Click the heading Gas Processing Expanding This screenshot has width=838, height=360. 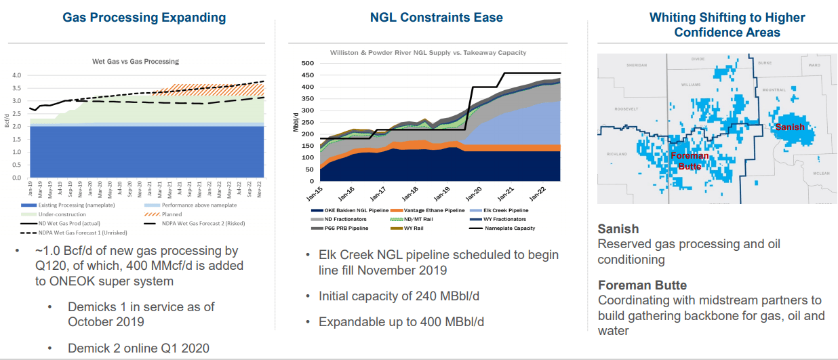[144, 17]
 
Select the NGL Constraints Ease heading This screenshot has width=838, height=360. [437, 17]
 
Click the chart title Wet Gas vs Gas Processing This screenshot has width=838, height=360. [136, 61]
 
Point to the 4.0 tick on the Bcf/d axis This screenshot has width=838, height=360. [16, 75]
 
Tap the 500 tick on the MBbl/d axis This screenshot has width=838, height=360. [308, 64]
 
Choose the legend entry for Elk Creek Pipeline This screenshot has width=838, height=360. [502, 210]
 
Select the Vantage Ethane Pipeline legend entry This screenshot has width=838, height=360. [428, 210]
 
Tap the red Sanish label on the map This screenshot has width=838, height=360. [790, 127]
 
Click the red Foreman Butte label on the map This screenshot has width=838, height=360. [690, 161]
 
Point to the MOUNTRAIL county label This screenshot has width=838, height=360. [773, 90]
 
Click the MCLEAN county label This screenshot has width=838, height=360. [821, 174]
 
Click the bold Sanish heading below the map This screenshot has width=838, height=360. [618, 228]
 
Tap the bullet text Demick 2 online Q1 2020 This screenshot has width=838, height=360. [138, 348]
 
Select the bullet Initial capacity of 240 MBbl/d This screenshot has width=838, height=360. [402, 296]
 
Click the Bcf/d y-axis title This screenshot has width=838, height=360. [7, 121]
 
